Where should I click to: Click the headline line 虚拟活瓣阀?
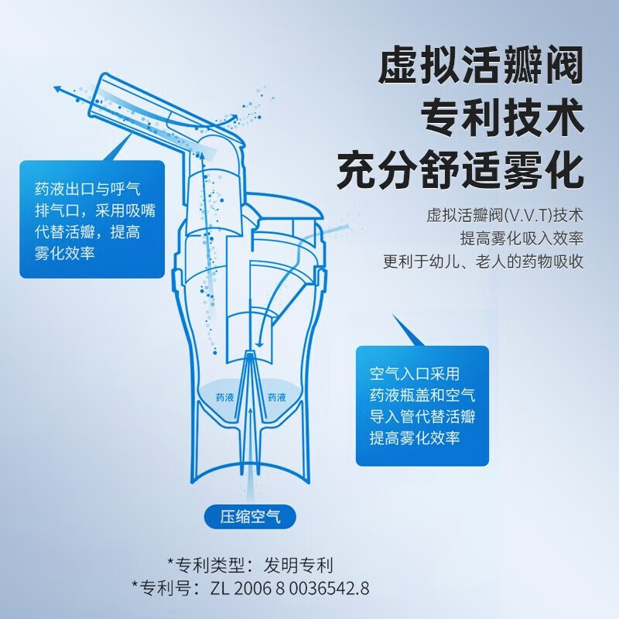coord(479,69)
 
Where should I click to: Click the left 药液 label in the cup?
coord(225,397)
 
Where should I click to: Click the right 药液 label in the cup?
coord(277,397)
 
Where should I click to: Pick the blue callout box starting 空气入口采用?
coord(422,405)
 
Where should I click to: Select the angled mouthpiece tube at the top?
coord(155,108)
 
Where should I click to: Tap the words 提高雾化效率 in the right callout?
coord(415,438)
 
